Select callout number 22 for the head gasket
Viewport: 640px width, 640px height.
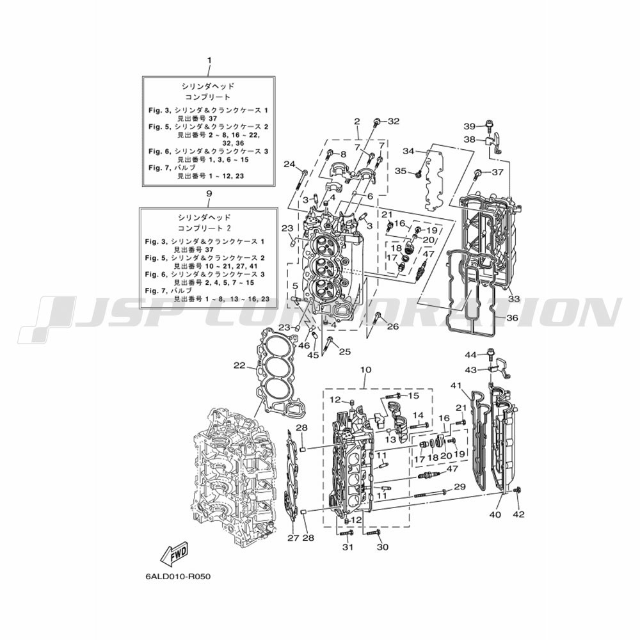pos(239,365)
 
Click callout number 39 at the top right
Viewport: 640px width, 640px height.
pos(470,126)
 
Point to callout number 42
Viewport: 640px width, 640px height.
pos(518,515)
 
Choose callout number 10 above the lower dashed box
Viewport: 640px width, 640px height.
pos(365,370)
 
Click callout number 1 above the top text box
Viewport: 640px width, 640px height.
pos(209,60)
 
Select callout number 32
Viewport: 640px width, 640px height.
pos(394,121)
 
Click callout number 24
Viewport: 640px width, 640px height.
pos(289,164)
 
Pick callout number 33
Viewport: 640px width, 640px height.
pos(514,299)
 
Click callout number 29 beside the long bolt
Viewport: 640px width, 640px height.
pos(460,486)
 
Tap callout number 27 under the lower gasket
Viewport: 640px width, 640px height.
pos(293,538)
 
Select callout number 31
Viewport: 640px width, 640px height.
pos(348,547)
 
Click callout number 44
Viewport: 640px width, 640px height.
pos(470,355)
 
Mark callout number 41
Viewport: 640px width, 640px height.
pos(456,385)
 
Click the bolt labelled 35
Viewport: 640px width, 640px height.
pos(418,175)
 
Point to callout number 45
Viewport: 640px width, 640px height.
pos(313,355)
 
